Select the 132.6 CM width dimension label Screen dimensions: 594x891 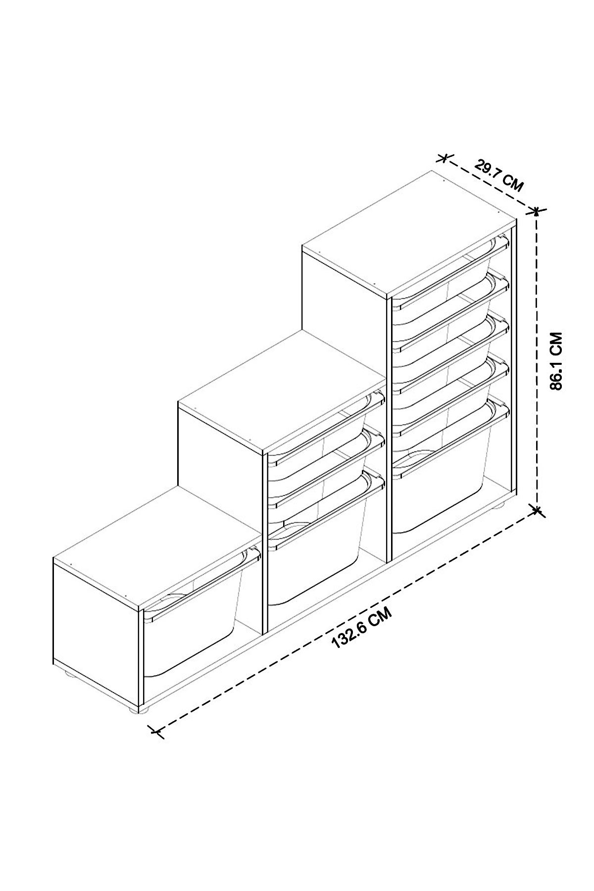click(362, 628)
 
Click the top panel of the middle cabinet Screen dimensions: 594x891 click(282, 391)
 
